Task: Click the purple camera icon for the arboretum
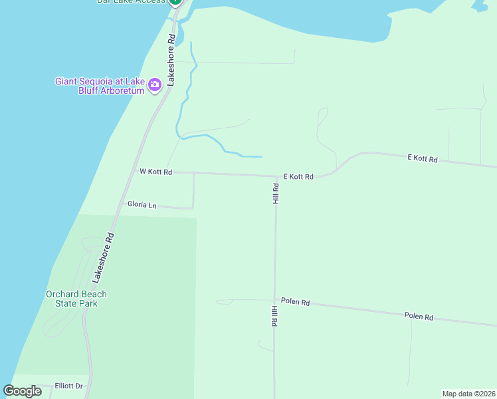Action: pos(155,84)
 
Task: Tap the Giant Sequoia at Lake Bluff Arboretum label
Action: pos(100,86)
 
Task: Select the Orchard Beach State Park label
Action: pos(76,299)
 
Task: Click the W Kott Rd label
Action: pos(156,172)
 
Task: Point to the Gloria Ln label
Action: pos(142,205)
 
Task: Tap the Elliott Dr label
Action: pos(68,386)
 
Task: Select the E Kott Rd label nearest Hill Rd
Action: pos(298,177)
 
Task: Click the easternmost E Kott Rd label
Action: pos(422,159)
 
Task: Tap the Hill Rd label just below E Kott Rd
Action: pos(275,194)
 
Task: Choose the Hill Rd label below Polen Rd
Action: pos(274,315)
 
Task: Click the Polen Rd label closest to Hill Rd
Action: pos(295,302)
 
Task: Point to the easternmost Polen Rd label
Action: pos(419,317)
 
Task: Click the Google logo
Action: pos(23,391)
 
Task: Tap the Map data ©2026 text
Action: pos(468,393)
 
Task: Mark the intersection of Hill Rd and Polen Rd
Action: pos(274,301)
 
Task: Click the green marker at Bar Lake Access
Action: pos(175,2)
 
